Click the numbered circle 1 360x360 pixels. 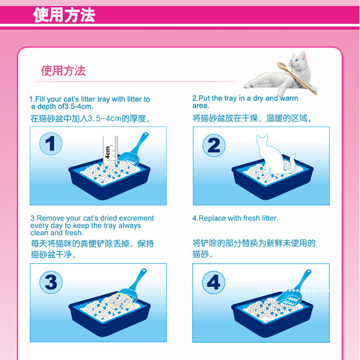tap(51, 144)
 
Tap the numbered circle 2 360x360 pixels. tap(214, 145)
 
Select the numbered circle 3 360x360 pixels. tap(51, 282)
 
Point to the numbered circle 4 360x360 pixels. tap(213, 282)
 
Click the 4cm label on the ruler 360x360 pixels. tap(108, 152)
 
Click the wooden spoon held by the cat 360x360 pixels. tap(297, 77)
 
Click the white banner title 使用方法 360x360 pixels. tap(64, 15)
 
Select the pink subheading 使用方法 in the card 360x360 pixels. tap(63, 71)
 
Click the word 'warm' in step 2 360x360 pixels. tap(289, 99)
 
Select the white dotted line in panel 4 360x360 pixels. tap(294, 290)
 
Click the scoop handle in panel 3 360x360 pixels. tap(139, 279)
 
